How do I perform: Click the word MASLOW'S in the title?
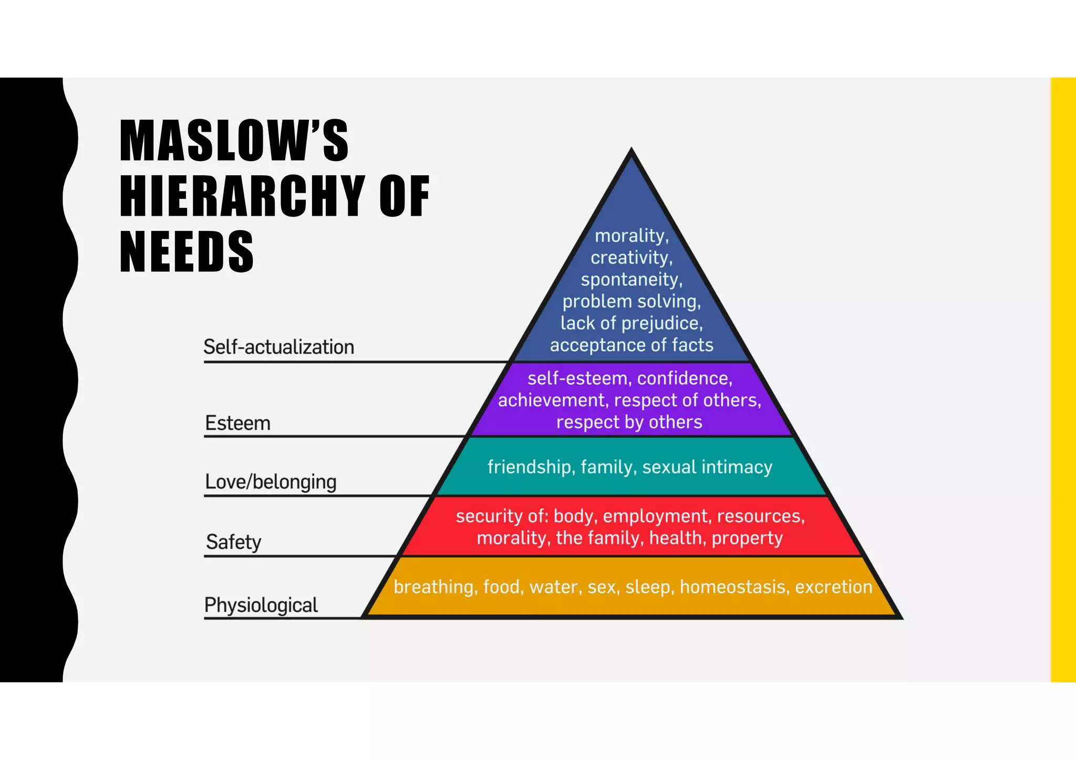(x=234, y=140)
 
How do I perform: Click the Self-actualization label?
(x=278, y=347)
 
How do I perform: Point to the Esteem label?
(x=237, y=423)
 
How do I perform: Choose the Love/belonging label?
(x=271, y=482)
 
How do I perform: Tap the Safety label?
(x=233, y=542)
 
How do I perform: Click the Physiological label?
(x=261, y=605)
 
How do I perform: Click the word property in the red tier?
(x=747, y=538)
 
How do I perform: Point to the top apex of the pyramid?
(x=632, y=152)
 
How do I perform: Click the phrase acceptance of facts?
(x=632, y=345)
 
